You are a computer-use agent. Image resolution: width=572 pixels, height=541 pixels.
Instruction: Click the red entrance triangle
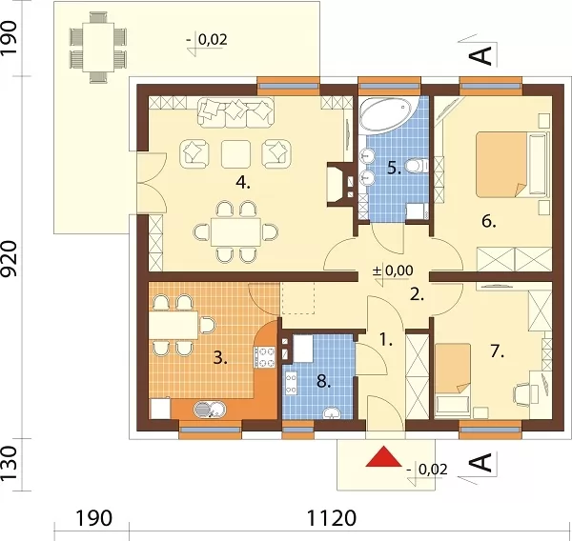383,456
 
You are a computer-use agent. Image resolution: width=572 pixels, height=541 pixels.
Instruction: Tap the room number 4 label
242,182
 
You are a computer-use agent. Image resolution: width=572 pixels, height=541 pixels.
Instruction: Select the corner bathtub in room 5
385,114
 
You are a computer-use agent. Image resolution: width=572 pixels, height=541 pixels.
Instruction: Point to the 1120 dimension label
331,518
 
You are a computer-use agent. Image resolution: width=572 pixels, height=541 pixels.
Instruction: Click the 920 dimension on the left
9,258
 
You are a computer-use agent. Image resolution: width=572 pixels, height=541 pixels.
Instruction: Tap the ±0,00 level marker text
393,270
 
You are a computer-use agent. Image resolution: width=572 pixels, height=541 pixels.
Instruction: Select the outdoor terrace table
98,47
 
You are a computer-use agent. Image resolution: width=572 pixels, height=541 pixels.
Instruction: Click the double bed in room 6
511,165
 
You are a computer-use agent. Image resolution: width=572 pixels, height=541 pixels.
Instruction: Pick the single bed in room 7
452,379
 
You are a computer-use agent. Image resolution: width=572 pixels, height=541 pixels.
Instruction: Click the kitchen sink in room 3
210,409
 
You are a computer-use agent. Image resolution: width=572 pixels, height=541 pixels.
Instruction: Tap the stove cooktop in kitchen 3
265,357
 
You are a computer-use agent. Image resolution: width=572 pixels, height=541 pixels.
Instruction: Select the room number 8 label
323,381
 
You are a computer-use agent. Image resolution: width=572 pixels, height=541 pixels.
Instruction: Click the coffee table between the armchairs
235,154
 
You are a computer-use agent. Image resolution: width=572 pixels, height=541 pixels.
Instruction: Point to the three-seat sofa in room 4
235,112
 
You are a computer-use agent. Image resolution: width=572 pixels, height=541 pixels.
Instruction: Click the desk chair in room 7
522,394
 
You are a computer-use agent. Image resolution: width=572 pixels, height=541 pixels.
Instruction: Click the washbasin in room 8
331,413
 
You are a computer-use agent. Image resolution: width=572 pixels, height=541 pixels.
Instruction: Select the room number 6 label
488,221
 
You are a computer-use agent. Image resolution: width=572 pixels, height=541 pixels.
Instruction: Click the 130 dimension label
9,463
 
